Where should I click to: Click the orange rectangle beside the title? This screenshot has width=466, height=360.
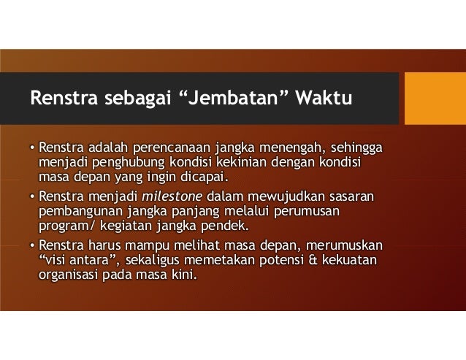pos(435,99)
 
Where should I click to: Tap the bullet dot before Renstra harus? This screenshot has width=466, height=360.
pos(32,245)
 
